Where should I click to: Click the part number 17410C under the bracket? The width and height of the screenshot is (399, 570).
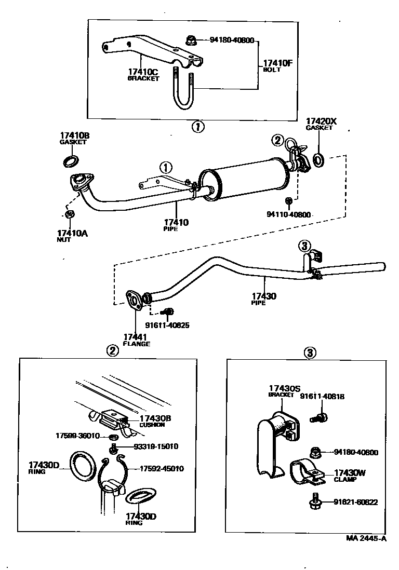143,72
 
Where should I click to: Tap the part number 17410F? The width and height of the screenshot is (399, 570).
278,63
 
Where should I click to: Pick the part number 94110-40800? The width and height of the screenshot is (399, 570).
289,214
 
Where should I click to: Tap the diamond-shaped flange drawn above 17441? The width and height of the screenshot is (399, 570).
133,301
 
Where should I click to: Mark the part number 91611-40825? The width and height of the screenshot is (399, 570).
167,325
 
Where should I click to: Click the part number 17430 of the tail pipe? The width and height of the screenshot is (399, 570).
264,296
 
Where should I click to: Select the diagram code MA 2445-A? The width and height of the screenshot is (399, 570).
366,538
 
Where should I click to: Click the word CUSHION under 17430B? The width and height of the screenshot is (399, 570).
152,425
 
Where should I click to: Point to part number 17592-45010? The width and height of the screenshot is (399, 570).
162,469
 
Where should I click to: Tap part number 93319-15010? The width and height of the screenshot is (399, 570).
156,446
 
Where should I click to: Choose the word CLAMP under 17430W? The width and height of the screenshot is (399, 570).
345,480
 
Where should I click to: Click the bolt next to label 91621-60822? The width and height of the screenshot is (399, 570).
315,502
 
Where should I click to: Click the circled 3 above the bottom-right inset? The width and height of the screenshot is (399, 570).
310,352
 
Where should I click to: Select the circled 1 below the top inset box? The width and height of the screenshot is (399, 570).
198,127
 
